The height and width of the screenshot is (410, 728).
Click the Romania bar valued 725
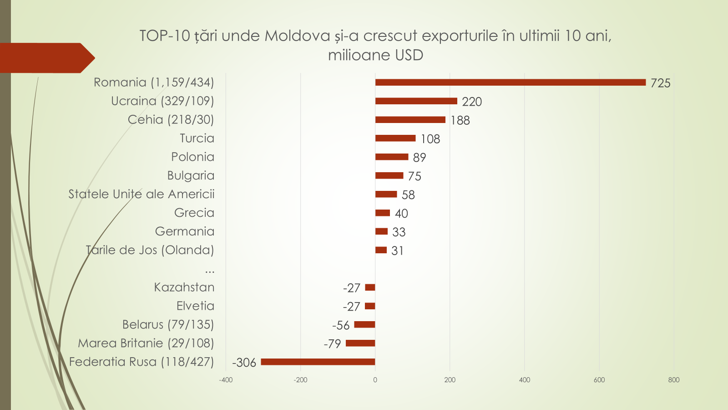(510, 82)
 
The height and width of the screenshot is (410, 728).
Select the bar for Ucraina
(416, 101)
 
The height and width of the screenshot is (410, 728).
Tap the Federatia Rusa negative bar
(318, 362)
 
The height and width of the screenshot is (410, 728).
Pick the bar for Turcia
(395, 138)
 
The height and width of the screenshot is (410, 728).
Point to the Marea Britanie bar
(360, 343)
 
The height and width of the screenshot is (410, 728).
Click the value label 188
(460, 120)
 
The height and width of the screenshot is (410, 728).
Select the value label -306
(244, 363)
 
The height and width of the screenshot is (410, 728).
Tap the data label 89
(419, 158)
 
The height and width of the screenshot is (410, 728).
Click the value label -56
(341, 325)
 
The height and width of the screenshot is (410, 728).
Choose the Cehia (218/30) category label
(171, 119)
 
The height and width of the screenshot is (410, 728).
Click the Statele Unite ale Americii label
(141, 194)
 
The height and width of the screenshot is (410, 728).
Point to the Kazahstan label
(184, 287)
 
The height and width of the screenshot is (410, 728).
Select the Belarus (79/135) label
(168, 324)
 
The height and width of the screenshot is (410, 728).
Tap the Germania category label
(184, 231)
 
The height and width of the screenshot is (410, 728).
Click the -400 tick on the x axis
(226, 380)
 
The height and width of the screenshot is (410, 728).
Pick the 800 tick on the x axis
(673, 380)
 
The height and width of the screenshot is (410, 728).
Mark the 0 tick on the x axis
(375, 380)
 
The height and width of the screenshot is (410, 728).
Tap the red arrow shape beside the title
(45, 58)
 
